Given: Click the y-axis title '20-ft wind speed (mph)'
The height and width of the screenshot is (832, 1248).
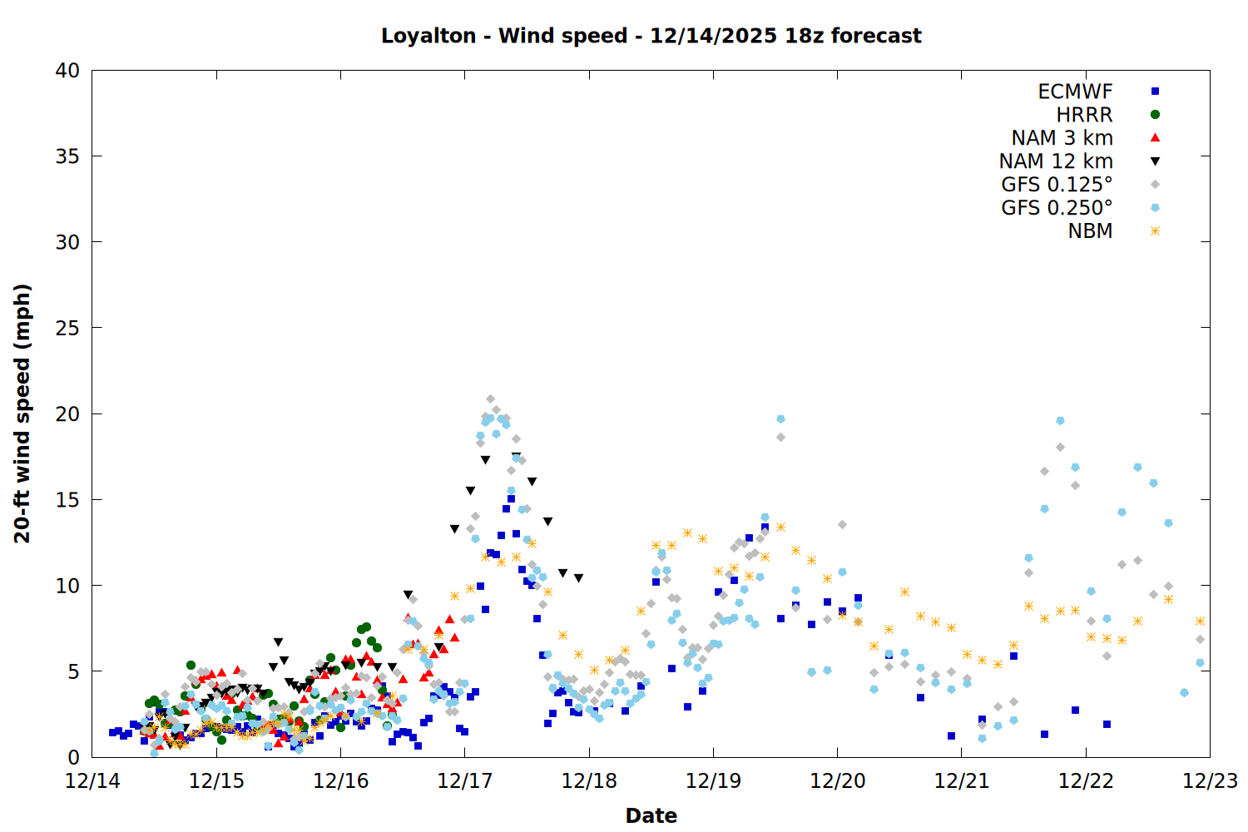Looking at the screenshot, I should pos(22,414).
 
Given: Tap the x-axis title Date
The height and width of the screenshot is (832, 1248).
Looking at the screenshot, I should pos(651,815).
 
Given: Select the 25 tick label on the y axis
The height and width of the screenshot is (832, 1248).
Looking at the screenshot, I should pos(67,328).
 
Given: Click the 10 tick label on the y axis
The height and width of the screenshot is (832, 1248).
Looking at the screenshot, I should pos(67,586).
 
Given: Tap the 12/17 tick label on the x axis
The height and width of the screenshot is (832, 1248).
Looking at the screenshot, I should pos(464,781).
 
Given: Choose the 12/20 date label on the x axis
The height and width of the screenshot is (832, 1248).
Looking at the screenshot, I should pos(837,781).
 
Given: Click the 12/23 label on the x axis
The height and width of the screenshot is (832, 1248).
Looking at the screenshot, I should pos(1209,781).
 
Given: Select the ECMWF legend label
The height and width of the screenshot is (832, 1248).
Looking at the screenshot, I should pos(1075,92).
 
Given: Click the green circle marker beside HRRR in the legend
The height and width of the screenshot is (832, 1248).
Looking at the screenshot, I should pos(1155,115).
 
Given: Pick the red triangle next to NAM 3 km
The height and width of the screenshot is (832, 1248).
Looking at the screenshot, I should pos(1155,137).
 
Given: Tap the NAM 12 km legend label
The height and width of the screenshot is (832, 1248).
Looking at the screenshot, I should pos(1056,161).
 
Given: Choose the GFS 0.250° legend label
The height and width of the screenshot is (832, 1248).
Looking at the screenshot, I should pos(1057,208).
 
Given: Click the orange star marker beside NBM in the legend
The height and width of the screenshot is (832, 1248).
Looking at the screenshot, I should pos(1155,231).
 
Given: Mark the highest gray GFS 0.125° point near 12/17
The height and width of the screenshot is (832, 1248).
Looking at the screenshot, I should pos(490,399).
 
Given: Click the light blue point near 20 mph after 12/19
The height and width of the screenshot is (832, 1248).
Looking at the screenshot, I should pos(780,418).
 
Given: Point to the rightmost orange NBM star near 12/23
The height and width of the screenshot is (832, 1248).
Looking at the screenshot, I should pos(1200,621).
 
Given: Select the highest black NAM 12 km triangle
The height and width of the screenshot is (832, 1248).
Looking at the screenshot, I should pos(517,457).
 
